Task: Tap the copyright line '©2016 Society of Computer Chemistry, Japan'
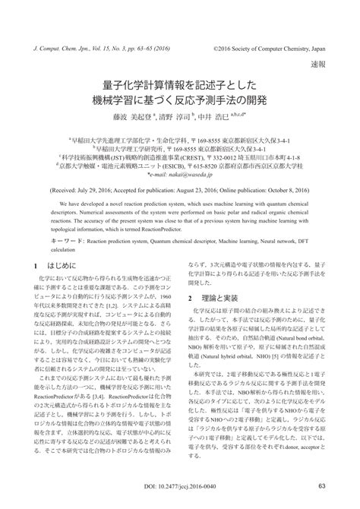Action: tap(270, 47)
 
